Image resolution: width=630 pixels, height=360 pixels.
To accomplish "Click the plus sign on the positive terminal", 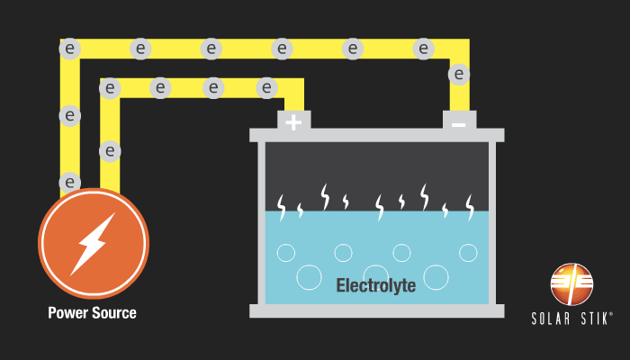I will point(293,121).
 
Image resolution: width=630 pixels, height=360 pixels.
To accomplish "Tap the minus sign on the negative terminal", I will point(458,123).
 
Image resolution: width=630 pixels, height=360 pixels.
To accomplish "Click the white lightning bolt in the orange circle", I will point(93,243).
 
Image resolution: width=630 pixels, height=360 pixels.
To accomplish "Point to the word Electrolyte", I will point(375,286).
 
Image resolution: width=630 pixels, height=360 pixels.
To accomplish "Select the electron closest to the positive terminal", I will point(266,87).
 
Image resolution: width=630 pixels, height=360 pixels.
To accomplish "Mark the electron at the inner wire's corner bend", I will point(110,88).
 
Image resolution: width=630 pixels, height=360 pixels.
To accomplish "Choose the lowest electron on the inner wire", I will point(110,150).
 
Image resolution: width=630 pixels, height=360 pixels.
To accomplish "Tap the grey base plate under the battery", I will point(376,310).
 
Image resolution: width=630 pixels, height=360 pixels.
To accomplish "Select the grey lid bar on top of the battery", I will point(376,135).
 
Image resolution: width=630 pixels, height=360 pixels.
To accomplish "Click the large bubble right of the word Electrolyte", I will point(436,276).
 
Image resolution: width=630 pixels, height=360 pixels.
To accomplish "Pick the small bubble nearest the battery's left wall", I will point(285,253).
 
